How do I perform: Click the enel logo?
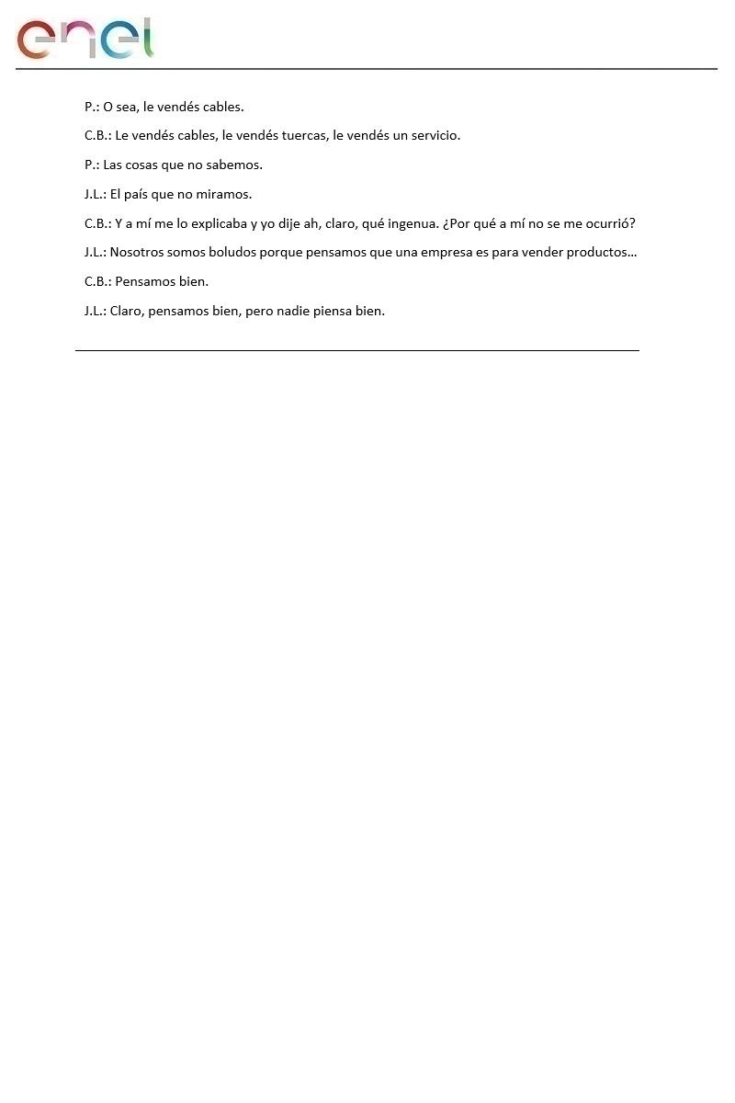(x=85, y=39)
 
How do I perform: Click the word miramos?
(x=223, y=195)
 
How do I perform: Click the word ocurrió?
(x=605, y=223)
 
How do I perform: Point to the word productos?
(x=603, y=253)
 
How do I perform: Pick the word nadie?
(x=294, y=312)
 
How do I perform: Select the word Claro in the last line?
(x=127, y=312)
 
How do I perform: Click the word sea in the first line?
(x=127, y=108)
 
